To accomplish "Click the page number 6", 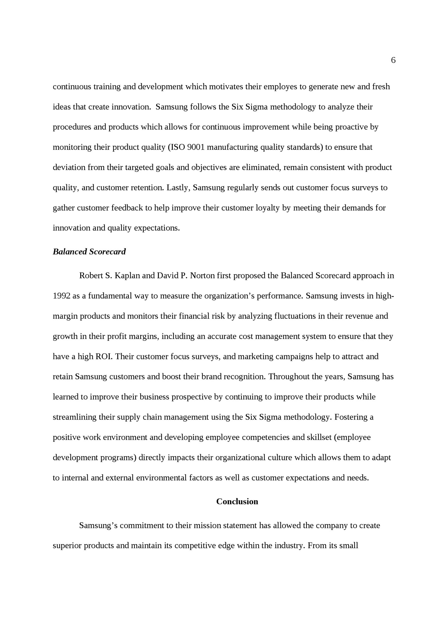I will (x=393, y=60).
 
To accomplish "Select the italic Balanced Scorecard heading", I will (x=89, y=252).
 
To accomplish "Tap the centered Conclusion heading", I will (x=237, y=501).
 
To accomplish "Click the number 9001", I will (x=196, y=147).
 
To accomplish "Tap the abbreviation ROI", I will (x=104, y=357).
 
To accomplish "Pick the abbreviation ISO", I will (x=177, y=147).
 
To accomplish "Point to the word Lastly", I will (x=178, y=188).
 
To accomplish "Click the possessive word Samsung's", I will (x=98, y=525).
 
